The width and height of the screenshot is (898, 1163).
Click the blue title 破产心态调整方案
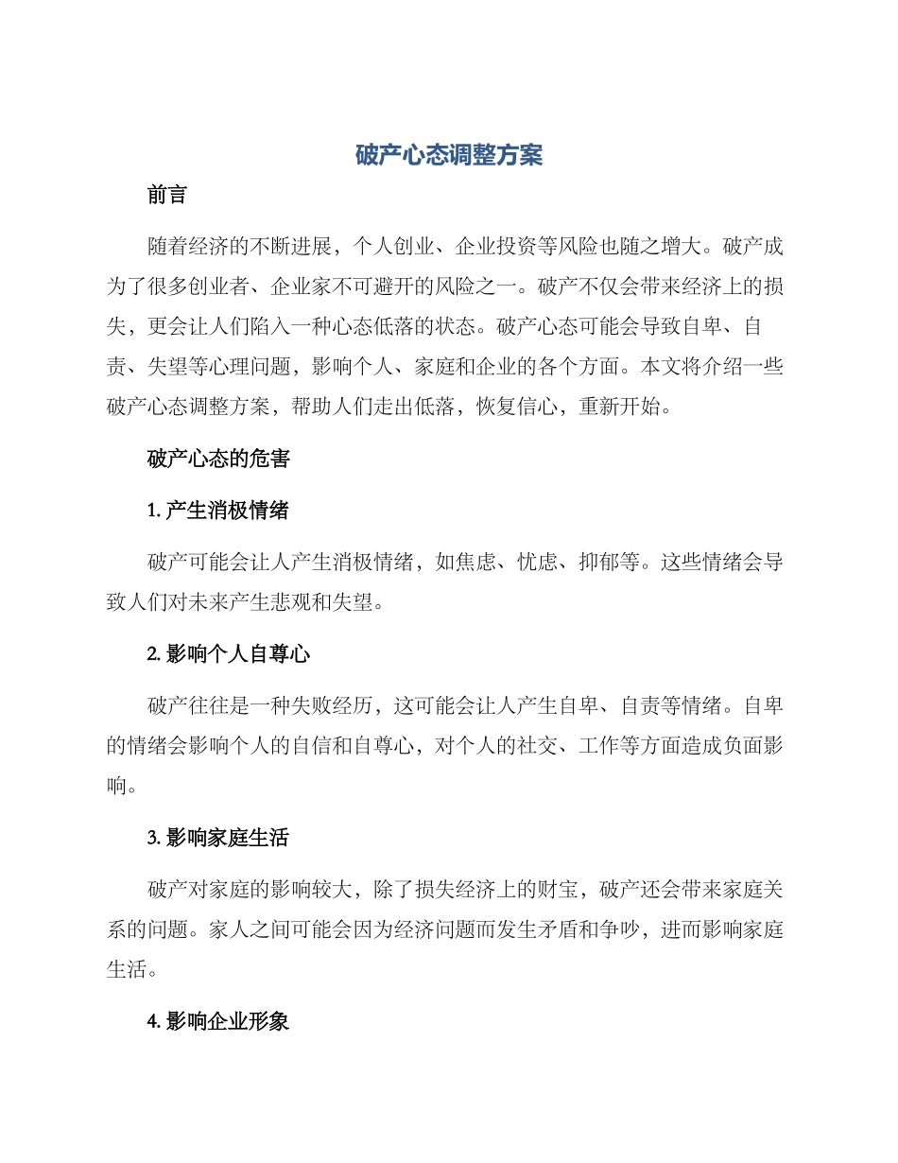449,156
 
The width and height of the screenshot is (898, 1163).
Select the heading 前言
167,196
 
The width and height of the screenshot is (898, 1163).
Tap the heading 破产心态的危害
218,460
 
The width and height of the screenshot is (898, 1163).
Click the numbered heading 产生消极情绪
226,512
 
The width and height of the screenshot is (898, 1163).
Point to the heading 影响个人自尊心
237,654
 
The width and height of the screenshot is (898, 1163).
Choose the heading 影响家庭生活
226,838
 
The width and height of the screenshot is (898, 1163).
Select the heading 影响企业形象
226,1021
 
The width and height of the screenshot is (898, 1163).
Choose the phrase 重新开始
622,410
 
